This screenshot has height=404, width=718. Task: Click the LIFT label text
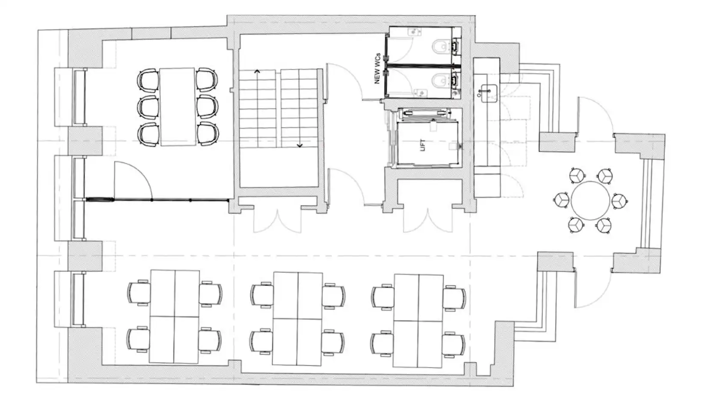coord(423,145)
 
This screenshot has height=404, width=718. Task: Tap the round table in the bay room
coord(591,201)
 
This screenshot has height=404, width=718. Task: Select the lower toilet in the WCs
coord(439,80)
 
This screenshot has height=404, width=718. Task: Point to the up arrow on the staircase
coord(257,71)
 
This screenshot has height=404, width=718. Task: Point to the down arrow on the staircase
coord(300,145)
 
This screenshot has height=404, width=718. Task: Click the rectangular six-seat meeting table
coord(178,107)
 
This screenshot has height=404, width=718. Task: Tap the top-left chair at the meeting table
coord(148,80)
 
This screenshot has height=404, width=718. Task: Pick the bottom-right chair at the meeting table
coord(207,134)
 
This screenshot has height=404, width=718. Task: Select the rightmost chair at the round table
coord(619,201)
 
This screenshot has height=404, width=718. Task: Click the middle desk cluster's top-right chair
coord(334,296)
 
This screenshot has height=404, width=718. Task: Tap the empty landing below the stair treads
coord(279,167)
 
